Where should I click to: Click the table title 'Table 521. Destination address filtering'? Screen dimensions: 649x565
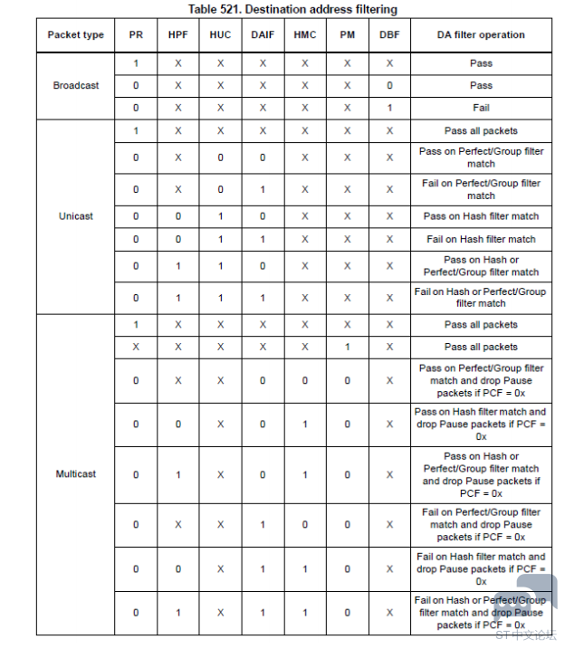click(293, 9)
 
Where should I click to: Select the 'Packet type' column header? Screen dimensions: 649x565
click(76, 35)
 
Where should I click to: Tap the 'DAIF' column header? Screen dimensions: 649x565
click(263, 35)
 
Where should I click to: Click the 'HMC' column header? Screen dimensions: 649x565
click(304, 35)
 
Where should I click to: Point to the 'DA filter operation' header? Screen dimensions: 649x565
click(481, 35)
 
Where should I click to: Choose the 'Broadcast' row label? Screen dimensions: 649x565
click(76, 85)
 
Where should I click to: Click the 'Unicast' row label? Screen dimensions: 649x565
click(76, 216)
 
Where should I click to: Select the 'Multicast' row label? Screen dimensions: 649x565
click(76, 474)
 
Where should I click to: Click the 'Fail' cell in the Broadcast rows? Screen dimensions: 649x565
click(481, 107)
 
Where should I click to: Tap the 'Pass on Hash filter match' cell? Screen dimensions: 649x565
click(481, 216)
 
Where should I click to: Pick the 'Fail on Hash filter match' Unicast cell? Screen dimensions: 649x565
click(481, 239)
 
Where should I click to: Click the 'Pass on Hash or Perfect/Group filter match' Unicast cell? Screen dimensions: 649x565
click(481, 266)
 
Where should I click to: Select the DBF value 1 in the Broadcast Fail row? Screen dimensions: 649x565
click(389, 107)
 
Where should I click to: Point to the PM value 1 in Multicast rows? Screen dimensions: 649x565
click(347, 347)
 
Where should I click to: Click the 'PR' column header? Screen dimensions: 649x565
click(136, 35)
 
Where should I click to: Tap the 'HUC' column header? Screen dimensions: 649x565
click(220, 35)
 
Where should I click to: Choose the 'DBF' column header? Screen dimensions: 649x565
click(389, 35)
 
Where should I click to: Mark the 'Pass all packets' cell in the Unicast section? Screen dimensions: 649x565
click(481, 131)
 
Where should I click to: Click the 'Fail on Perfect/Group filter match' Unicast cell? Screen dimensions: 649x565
click(481, 189)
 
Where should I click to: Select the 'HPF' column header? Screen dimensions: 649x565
click(178, 35)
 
